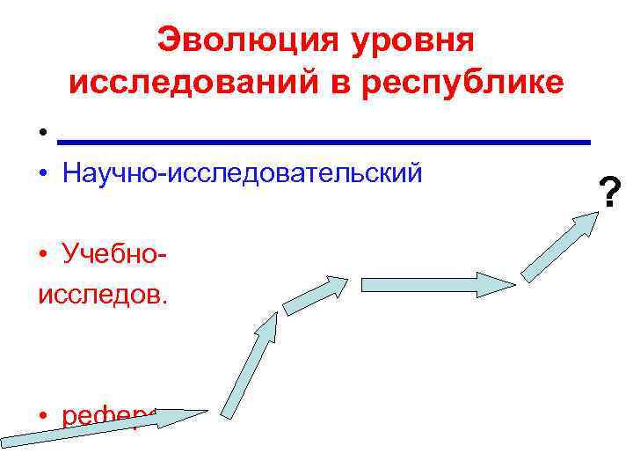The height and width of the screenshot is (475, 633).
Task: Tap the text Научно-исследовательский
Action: point(243,172)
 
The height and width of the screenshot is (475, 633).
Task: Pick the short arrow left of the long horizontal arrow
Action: point(315,292)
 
